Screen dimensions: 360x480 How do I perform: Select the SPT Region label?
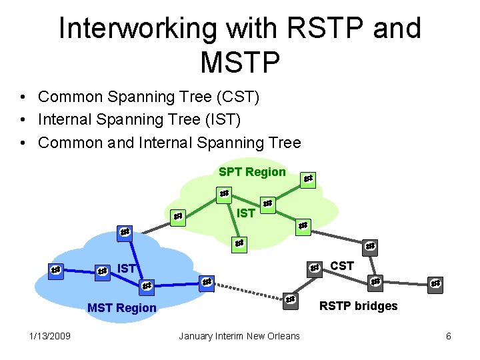click(252, 172)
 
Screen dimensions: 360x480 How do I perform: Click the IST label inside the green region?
click(246, 213)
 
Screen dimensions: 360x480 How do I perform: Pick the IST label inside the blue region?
click(127, 269)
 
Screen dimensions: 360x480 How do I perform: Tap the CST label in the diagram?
click(342, 266)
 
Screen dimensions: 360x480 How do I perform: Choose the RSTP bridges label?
click(358, 306)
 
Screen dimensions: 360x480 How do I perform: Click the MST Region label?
click(122, 308)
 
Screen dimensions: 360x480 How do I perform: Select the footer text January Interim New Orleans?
click(239, 335)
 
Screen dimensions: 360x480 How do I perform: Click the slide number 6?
click(449, 335)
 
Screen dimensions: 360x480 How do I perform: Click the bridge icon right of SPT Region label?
click(307, 179)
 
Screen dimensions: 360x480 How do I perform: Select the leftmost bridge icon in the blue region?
click(57, 270)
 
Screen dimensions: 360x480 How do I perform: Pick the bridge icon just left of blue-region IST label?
click(102, 271)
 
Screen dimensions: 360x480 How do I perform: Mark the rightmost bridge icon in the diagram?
click(435, 283)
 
